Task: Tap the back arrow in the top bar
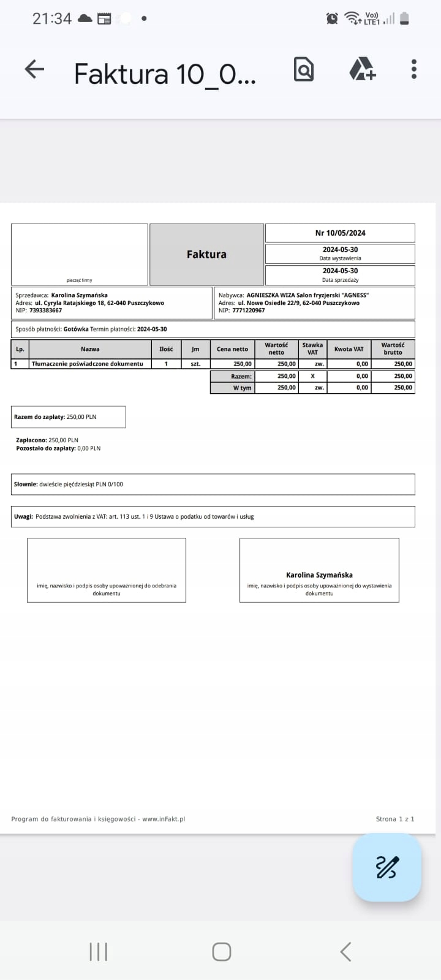click(x=34, y=69)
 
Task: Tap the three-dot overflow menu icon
click(x=414, y=69)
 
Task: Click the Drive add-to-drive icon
click(x=362, y=69)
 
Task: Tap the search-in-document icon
click(x=304, y=69)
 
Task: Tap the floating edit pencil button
click(x=387, y=867)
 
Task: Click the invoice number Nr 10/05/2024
click(x=340, y=233)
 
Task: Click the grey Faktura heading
click(x=206, y=254)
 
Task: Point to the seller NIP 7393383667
click(x=45, y=311)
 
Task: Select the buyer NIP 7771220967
click(x=249, y=311)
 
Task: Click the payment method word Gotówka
click(x=76, y=329)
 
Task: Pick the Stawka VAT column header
click(x=312, y=349)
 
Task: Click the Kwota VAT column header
click(x=349, y=349)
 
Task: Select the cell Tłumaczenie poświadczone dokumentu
click(x=87, y=364)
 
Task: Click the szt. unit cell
click(x=195, y=364)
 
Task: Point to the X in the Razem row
click(x=312, y=376)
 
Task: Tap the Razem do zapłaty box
click(x=68, y=417)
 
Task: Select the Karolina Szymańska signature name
click(x=319, y=575)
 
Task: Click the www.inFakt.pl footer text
click(x=164, y=819)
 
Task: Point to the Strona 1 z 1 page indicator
click(x=395, y=819)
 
